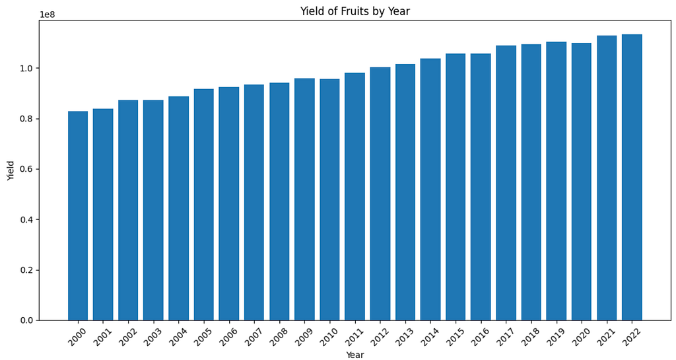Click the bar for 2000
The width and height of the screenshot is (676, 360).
point(78,215)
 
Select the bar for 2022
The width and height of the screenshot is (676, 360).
point(632,177)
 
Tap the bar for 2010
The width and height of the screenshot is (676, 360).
point(330,199)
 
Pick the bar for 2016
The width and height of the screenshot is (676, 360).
point(481,187)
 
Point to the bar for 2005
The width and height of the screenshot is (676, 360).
point(204,205)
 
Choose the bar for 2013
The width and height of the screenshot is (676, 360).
point(405,192)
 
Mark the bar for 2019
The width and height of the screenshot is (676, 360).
point(556,181)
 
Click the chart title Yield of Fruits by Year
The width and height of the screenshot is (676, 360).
point(355,11)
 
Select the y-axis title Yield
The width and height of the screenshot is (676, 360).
point(11,170)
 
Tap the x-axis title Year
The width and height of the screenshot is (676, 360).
point(355,355)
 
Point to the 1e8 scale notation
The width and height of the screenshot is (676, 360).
point(48,15)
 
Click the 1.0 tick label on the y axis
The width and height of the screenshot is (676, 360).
point(26,68)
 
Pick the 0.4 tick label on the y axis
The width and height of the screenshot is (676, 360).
point(26,219)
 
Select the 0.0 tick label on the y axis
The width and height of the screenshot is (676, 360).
point(26,320)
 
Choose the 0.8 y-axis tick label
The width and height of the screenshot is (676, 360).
point(26,118)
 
